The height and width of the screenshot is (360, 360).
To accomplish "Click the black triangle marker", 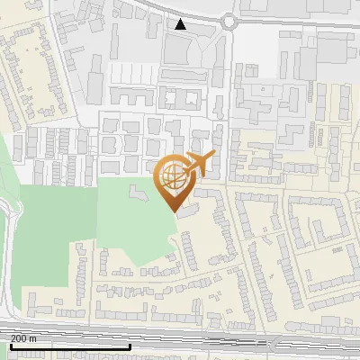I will click(x=181, y=24).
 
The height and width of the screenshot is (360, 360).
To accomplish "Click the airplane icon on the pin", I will click(x=200, y=163).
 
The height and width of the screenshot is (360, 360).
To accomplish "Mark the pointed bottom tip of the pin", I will click(x=174, y=211).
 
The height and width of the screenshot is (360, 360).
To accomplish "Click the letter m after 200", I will click(x=33, y=338).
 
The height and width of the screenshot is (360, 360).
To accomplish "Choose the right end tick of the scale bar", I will click(x=130, y=346).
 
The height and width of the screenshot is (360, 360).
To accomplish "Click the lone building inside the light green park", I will click(x=137, y=192).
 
